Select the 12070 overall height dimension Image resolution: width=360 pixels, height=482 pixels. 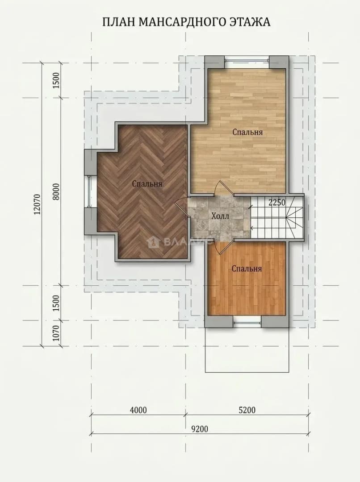[x=37, y=204]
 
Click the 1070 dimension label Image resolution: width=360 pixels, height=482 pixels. [x=57, y=334]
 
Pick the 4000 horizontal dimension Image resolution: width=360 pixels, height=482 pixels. [x=138, y=410]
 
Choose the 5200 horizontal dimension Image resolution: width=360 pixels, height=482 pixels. [x=247, y=410]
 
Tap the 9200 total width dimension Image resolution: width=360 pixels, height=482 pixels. [x=200, y=429]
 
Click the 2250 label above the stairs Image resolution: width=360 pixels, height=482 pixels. [x=277, y=203]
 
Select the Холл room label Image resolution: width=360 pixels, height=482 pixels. [x=220, y=216]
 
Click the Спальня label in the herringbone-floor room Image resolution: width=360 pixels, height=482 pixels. [x=147, y=184]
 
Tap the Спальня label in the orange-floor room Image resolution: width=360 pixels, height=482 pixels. [x=247, y=269]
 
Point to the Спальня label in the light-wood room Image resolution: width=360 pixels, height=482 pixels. [x=247, y=132]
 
